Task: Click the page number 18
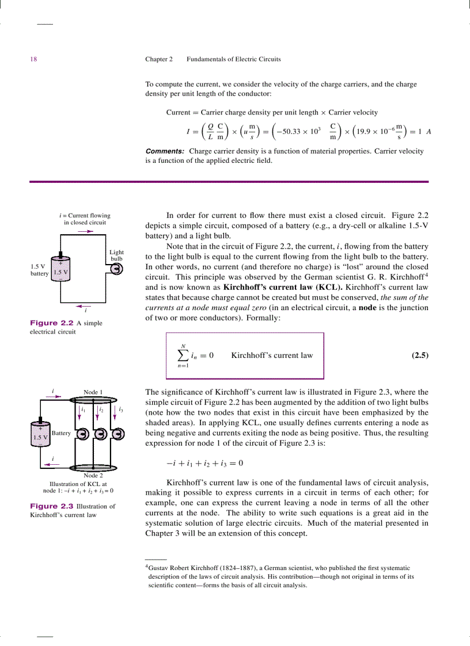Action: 33,59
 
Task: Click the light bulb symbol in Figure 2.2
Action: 117,269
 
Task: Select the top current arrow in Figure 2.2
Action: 85,231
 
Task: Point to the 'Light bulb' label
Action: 116,255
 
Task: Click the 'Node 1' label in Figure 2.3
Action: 93,392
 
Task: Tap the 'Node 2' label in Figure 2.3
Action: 93,475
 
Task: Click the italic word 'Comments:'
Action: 165,151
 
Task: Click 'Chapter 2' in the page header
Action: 159,59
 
